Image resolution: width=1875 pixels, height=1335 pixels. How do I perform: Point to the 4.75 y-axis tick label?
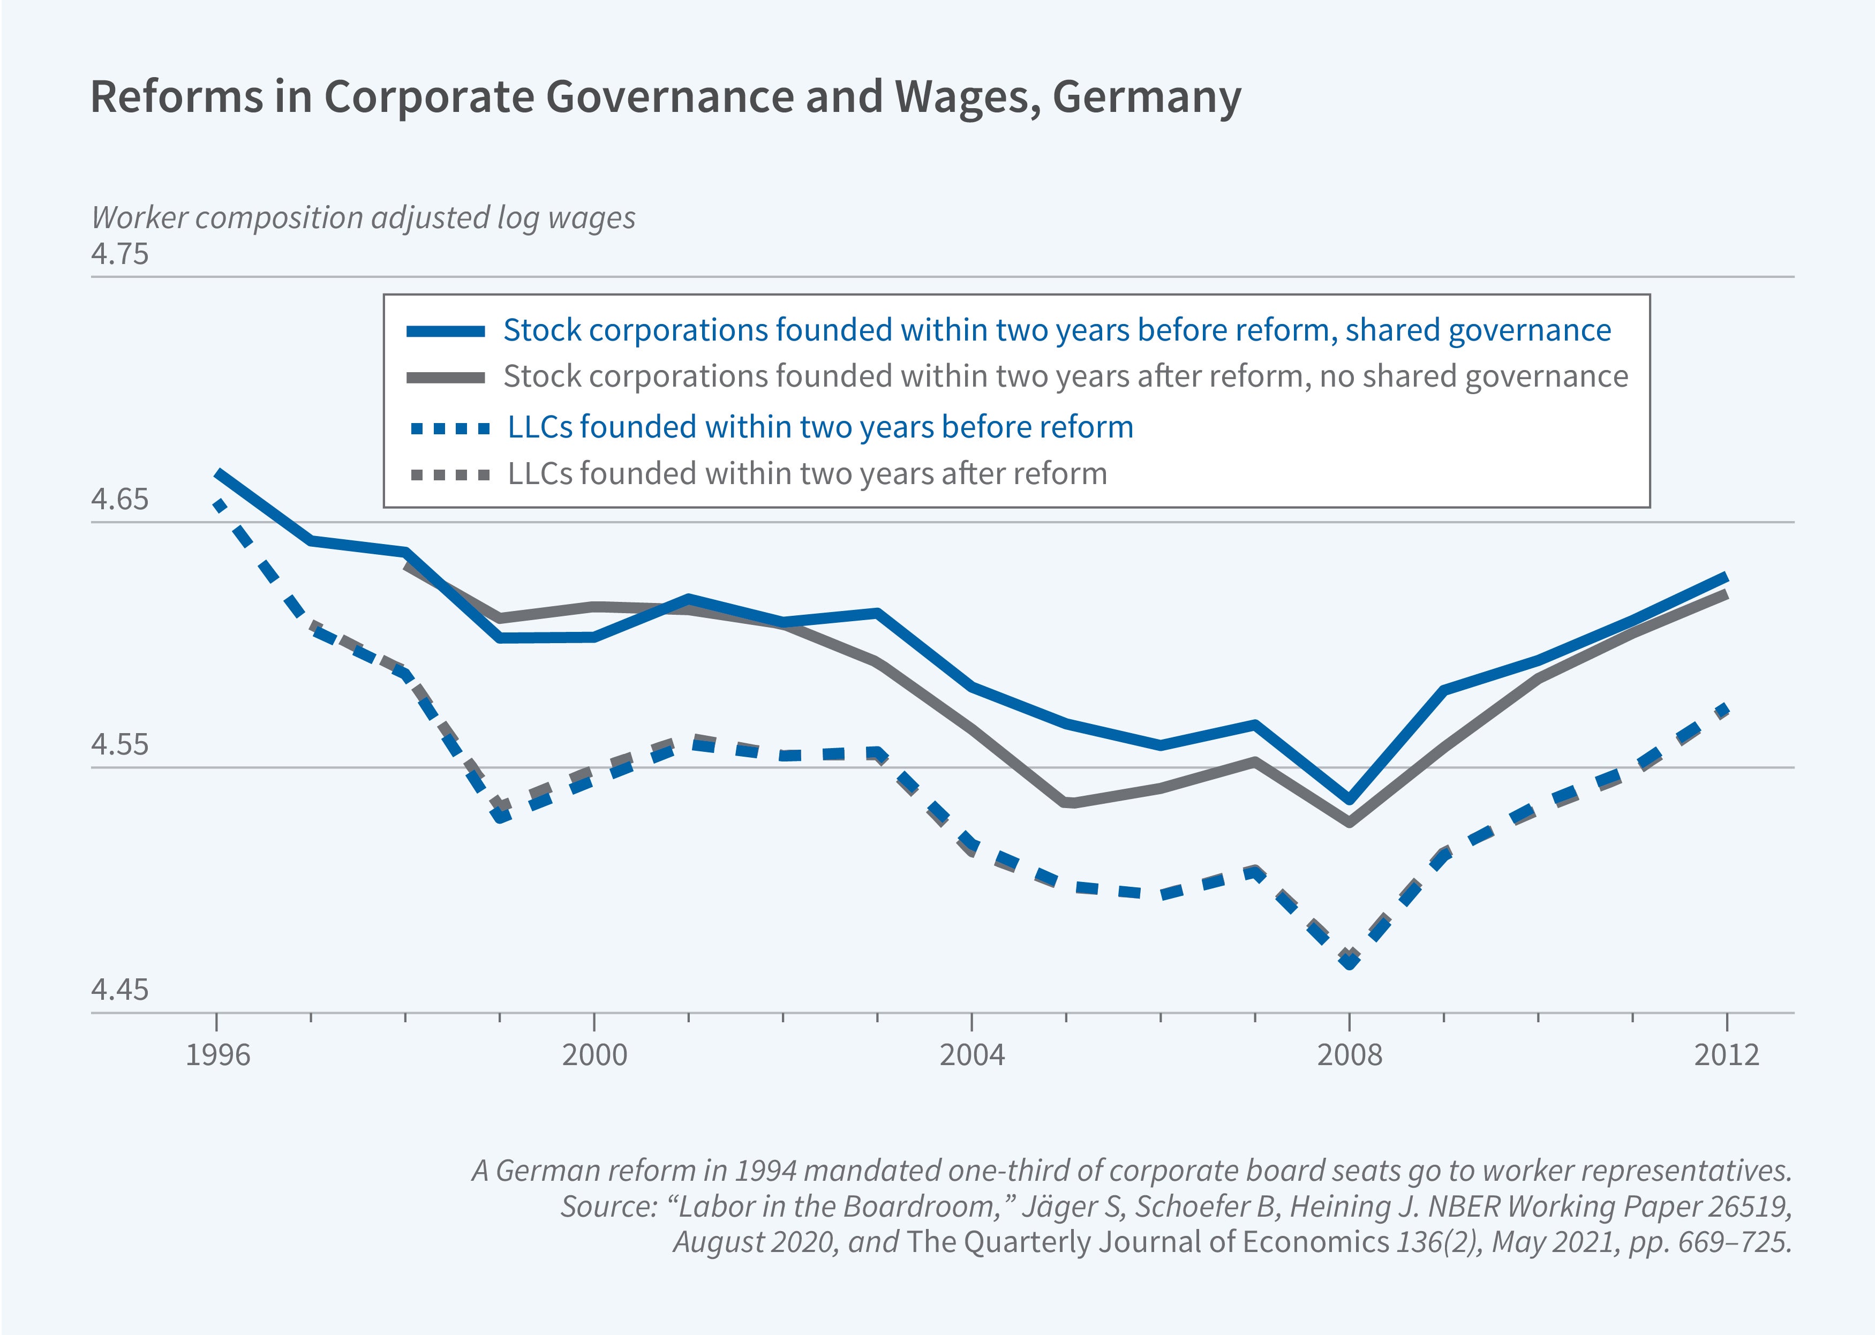tap(120, 253)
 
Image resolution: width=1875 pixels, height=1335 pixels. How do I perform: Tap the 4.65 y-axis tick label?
tap(120, 499)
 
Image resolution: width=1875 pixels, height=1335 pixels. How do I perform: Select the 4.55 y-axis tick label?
tap(120, 744)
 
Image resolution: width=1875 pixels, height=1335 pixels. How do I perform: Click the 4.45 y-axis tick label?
tap(120, 990)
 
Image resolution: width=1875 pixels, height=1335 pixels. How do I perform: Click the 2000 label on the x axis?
tap(594, 1055)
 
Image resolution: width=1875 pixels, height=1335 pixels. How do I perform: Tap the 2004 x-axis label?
tap(972, 1055)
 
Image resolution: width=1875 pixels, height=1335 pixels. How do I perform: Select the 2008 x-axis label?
tap(1349, 1055)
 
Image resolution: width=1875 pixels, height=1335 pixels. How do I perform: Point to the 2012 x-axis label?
tap(1726, 1055)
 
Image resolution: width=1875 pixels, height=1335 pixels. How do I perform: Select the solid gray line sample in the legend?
tap(446, 378)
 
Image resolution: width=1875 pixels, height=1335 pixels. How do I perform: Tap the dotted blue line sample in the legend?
tap(450, 428)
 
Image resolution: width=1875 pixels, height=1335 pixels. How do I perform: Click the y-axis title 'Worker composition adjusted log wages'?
tap(363, 218)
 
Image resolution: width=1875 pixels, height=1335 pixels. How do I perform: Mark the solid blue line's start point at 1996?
tap(218, 474)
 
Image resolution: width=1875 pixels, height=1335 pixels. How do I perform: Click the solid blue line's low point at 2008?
tap(1349, 799)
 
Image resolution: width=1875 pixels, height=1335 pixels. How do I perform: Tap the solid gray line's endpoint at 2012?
tap(1726, 594)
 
